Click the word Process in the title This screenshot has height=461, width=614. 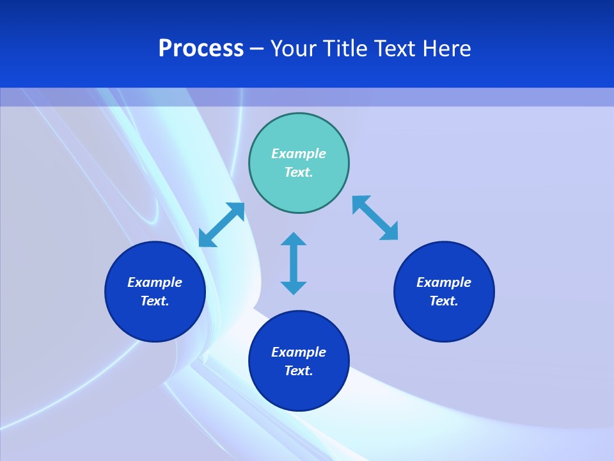click(201, 49)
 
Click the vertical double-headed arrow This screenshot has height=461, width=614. click(294, 263)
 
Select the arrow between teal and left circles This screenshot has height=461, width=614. click(221, 225)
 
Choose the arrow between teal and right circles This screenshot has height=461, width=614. click(375, 218)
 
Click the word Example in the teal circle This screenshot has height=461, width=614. click(299, 154)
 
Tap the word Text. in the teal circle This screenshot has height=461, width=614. click(299, 172)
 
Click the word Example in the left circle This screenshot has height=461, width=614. click(155, 282)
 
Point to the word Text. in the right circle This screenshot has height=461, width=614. click(444, 301)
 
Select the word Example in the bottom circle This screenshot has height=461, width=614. click(299, 352)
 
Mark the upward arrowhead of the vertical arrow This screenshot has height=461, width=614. click(294, 239)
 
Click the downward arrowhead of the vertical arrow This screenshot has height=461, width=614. click(294, 287)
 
